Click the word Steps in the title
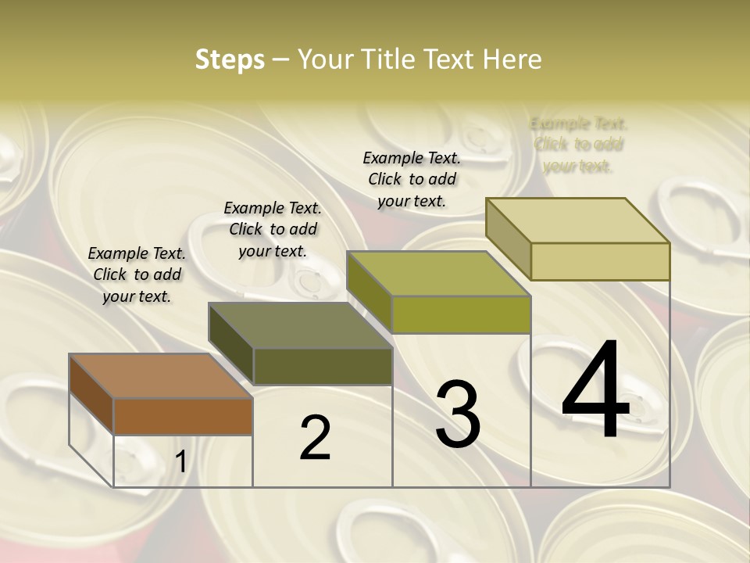[x=230, y=59]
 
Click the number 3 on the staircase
[x=458, y=414]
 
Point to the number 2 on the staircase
[x=315, y=438]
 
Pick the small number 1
[x=180, y=462]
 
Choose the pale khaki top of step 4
[x=578, y=221]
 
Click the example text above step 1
[x=137, y=274]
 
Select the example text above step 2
[x=273, y=229]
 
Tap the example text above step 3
[x=412, y=179]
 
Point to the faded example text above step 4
[x=578, y=145]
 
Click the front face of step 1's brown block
[x=183, y=416]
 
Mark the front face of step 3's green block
[x=461, y=314]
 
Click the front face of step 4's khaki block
[x=600, y=261]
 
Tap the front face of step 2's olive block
[x=323, y=366]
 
